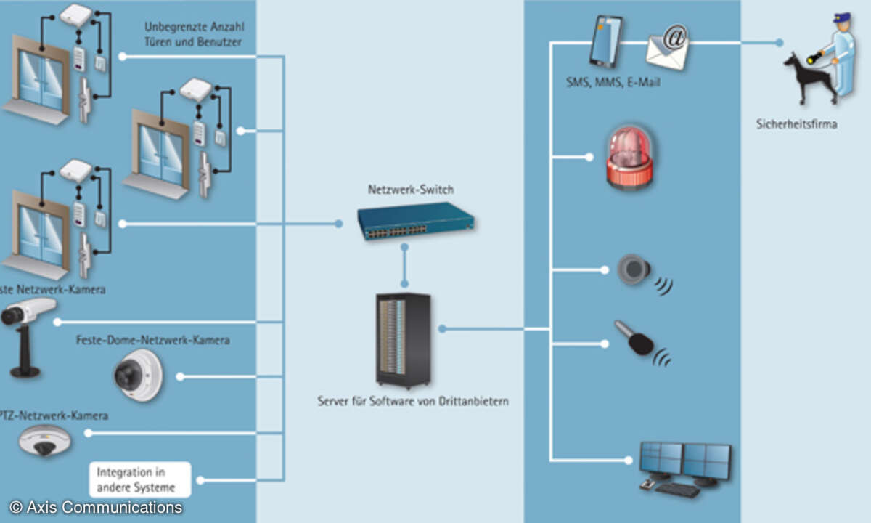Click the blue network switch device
pos(414,220)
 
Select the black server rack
pos(403,339)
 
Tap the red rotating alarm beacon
pos(629,158)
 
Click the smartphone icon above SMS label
pos(605,41)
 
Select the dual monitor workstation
pos(684,462)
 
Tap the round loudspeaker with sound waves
pos(634,269)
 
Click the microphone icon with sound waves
pos(636,339)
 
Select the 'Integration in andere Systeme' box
pos(139,479)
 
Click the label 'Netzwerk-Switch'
pos(411,190)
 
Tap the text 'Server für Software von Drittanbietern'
pos(413,400)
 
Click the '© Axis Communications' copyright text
pos(96,507)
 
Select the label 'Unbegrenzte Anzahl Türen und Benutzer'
pos(192,34)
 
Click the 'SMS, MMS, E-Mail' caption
pos(613,83)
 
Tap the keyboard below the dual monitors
pos(676,490)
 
